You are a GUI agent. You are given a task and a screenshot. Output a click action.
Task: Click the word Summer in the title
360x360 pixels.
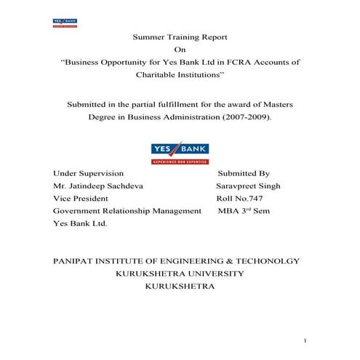pyautogui.click(x=148, y=36)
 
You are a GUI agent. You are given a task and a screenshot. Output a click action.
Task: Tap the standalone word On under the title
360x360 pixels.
pyautogui.click(x=180, y=49)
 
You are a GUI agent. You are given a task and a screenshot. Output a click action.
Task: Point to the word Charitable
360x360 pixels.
pyautogui.click(x=159, y=75)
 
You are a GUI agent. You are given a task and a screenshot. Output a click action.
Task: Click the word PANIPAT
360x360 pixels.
pyautogui.click(x=76, y=260)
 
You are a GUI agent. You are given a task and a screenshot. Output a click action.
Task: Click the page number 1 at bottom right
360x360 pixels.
pyautogui.click(x=306, y=340)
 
